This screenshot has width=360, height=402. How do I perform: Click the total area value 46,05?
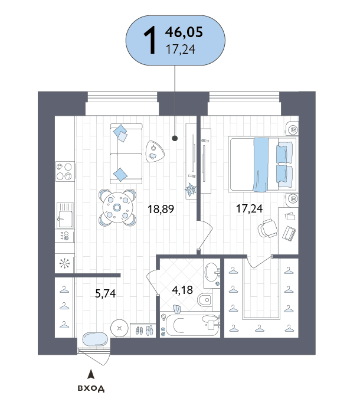pos(184,32)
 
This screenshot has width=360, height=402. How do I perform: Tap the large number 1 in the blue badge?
pos(150,40)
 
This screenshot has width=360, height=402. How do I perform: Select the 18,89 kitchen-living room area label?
pos(161,209)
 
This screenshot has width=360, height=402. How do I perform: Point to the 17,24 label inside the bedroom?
pos(249,208)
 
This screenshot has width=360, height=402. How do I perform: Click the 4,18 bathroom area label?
pos(182,290)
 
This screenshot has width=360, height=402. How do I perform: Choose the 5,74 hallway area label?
pos(105,293)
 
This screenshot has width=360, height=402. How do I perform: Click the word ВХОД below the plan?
pos(91,388)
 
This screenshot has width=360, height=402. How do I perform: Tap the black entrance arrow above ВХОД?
pos(91,374)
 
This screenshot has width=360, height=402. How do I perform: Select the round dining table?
pos(117,207)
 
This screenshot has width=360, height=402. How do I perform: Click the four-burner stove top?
pos(65,171)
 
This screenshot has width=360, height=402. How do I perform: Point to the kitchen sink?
pos(65,215)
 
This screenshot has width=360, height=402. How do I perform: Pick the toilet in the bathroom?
pos(205,299)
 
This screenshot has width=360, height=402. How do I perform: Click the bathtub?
pos(192,325)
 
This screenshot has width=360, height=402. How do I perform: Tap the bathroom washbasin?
pos(212,272)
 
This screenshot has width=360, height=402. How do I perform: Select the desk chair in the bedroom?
pos(268,228)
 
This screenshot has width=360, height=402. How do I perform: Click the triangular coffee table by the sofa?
pos(155,152)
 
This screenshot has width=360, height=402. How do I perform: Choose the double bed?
pos(263,165)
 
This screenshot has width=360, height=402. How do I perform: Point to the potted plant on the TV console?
pos(191,189)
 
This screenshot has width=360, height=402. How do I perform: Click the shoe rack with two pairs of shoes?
pos(143,330)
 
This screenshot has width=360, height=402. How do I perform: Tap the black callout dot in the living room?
pos(175,139)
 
